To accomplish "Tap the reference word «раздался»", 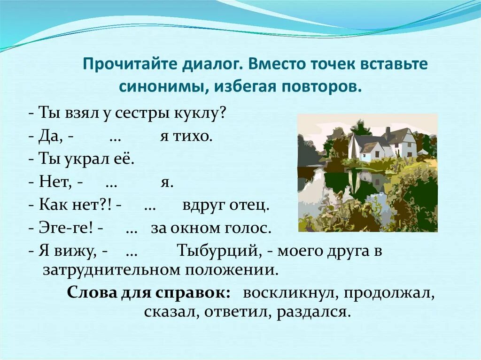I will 313,312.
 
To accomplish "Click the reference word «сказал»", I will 172,312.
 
